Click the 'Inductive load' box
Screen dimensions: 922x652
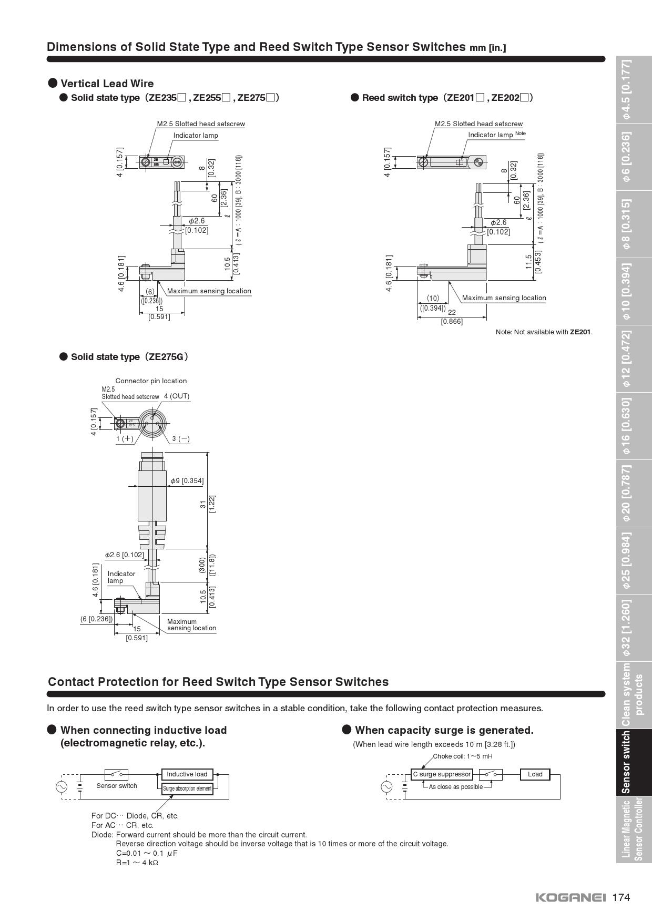coord(187,774)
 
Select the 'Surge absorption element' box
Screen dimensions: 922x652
coord(187,788)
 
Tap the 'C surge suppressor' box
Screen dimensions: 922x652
coord(442,774)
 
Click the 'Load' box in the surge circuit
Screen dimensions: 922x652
coord(535,774)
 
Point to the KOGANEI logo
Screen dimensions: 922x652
coord(570,897)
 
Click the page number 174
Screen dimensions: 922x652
coord(621,897)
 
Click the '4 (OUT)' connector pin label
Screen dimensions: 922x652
coord(176,396)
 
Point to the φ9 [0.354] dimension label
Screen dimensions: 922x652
coord(187,480)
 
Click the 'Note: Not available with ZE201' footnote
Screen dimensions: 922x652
coord(544,332)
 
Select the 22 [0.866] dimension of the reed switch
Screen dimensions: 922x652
coord(452,317)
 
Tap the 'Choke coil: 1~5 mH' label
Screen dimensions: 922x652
coord(463,756)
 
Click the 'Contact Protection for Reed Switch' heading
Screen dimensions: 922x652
coord(218,682)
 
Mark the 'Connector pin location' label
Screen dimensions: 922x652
coord(151,381)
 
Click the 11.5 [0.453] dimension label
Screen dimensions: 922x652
coord(533,262)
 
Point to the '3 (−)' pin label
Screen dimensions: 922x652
coord(180,439)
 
